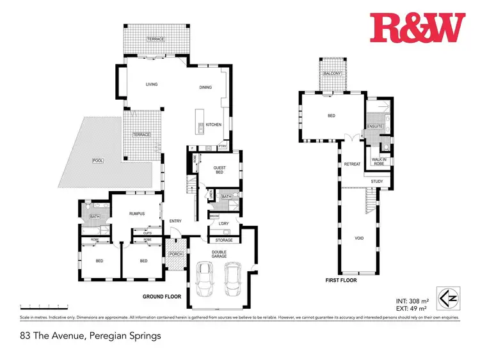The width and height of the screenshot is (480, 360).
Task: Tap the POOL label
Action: pos(98,160)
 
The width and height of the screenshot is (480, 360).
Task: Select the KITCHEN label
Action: pos(214,124)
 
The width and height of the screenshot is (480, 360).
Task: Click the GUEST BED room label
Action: pos(220,170)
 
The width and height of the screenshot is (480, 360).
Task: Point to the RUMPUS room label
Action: pos(135,214)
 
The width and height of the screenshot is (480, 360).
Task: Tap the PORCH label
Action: pos(175,254)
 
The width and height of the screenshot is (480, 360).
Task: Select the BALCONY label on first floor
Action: pos(332,74)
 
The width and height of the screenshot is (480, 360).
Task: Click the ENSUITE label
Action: pos(375,127)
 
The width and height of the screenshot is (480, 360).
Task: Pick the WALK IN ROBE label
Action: pos(374,159)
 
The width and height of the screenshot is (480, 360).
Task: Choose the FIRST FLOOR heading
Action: pos(340,280)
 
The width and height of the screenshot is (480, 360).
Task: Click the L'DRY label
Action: pos(223,223)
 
